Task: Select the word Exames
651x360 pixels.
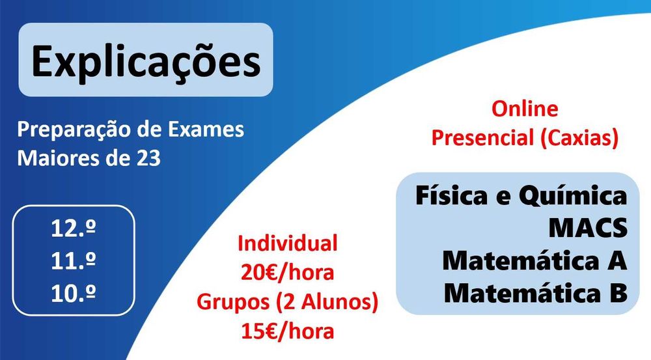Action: point(206,130)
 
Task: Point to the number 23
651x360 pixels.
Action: point(147,159)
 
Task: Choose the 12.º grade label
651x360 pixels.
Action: point(74,229)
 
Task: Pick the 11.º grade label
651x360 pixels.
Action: point(74,260)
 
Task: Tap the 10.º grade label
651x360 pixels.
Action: point(74,292)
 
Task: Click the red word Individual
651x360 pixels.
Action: point(287,244)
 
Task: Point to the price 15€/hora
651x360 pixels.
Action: point(287,331)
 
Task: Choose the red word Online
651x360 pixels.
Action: point(525,109)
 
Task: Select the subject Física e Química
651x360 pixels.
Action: point(521,196)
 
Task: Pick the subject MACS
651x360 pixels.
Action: point(587,228)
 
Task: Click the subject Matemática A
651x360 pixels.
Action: point(534,260)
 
